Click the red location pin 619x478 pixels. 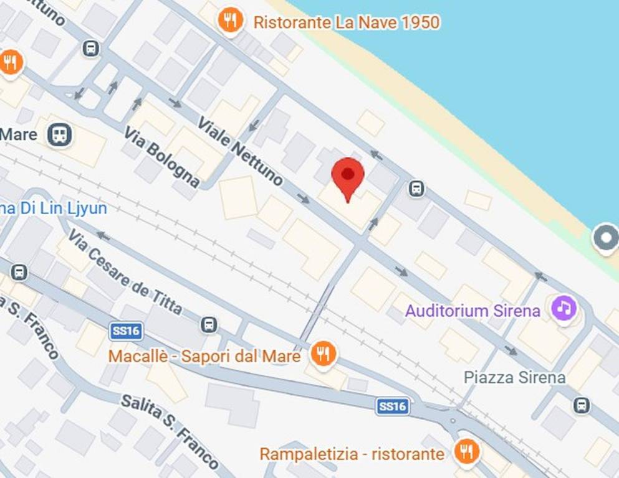[x=348, y=176]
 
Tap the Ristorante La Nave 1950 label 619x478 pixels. [x=346, y=23]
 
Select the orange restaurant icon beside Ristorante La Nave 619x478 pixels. [x=231, y=22]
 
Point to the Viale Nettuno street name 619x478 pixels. [x=240, y=151]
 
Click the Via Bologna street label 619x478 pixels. [x=161, y=157]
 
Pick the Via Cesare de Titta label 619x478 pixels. [x=125, y=271]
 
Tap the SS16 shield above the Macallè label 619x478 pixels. [x=125, y=330]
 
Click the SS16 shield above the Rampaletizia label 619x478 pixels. [x=393, y=406]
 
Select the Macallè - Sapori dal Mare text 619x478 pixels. [x=204, y=356]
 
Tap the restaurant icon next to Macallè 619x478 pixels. [x=323, y=354]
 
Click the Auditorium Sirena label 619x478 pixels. [x=473, y=311]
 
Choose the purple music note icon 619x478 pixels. [x=564, y=308]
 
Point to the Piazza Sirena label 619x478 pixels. [x=515, y=377]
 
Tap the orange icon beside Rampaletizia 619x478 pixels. [x=466, y=451]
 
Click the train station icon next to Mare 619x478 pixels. [x=59, y=134]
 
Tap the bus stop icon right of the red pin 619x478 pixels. [x=417, y=188]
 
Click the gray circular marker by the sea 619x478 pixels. [x=605, y=239]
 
